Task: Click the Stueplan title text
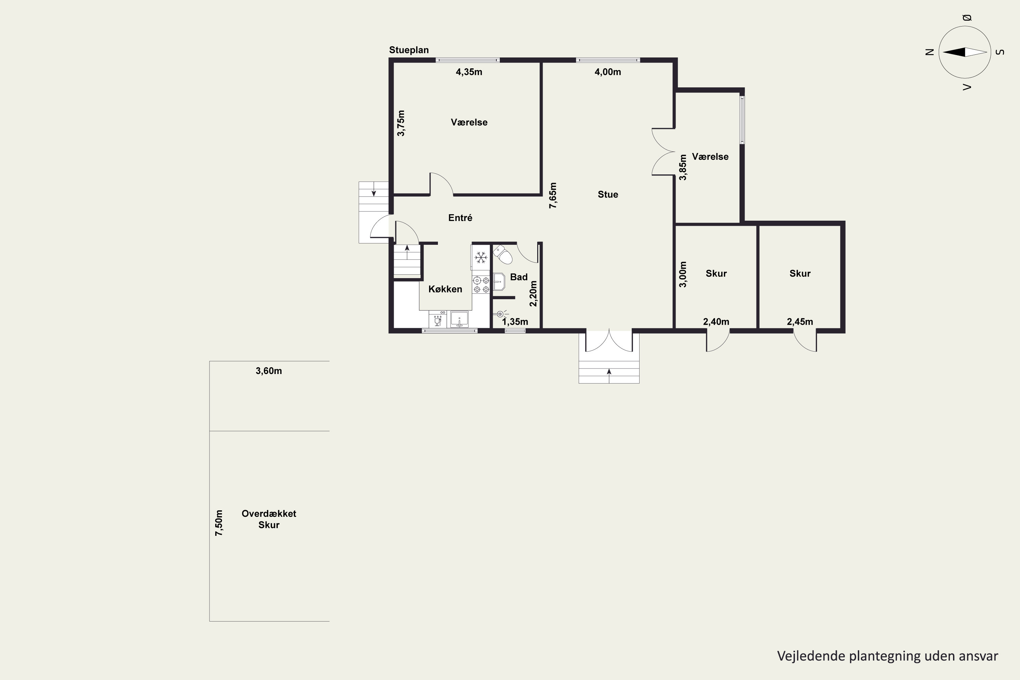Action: (409, 50)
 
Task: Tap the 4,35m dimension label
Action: (469, 72)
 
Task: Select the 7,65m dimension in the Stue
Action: (553, 195)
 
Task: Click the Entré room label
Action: (460, 218)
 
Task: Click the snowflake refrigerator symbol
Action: (480, 258)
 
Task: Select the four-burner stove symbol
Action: (481, 285)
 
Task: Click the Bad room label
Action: (519, 277)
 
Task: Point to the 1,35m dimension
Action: (515, 322)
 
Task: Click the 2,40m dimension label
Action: (716, 322)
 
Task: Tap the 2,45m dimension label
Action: (800, 322)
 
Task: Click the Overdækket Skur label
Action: (269, 519)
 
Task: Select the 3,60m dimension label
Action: (269, 371)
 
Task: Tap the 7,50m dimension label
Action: (219, 523)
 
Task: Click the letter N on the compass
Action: (929, 52)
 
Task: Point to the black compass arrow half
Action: (954, 52)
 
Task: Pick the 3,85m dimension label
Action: (683, 167)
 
